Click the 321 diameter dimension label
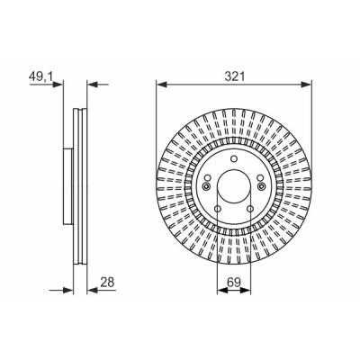coord(235,76)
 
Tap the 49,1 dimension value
coord(40,76)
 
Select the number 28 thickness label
coord(107,283)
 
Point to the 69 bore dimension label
coord(234,283)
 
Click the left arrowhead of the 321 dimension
coord(161,85)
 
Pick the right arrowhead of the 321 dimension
coord(307,85)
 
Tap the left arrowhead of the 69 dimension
coord(222,290)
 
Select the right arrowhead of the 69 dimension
coord(245,290)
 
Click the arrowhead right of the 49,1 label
coord(58,85)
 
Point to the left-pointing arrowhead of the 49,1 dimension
coord(92,85)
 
